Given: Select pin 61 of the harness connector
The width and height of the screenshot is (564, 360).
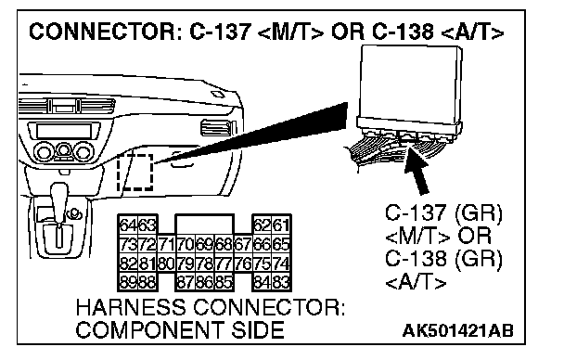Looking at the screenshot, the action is [281, 225].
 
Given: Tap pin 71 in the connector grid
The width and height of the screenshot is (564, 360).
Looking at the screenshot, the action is [166, 245].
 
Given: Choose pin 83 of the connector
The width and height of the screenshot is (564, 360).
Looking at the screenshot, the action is [281, 282].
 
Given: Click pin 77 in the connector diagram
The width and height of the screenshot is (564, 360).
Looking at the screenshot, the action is [224, 264].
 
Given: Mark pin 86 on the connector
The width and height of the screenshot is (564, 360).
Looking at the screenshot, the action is [205, 282].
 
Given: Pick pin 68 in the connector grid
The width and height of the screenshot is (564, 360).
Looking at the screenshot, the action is [224, 245].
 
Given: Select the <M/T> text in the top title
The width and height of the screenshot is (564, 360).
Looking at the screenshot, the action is [290, 32].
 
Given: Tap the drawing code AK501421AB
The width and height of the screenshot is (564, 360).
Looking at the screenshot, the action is [457, 330].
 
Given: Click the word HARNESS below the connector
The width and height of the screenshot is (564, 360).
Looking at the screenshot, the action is [131, 307].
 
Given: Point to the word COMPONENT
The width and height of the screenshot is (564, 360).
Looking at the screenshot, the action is [149, 329].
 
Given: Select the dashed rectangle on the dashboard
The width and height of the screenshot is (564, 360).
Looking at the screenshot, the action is [135, 173].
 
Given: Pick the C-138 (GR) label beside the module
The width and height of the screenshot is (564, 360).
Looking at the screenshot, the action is [443, 259].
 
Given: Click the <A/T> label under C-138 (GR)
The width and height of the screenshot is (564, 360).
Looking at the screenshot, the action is [416, 281].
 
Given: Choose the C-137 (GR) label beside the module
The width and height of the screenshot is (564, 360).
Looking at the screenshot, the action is [443, 212].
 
